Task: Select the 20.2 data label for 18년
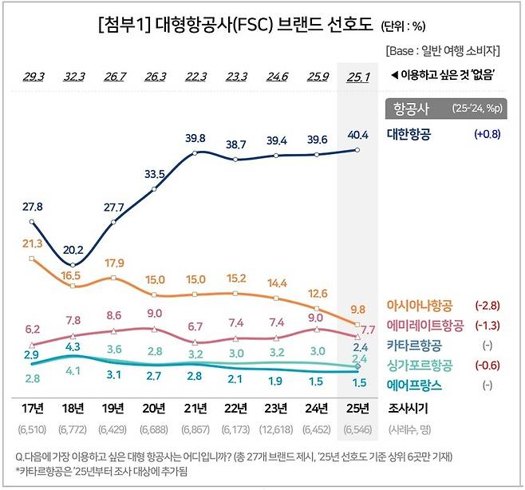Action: pyautogui.click(x=73, y=249)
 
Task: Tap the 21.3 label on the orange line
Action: pyautogui.click(x=32, y=243)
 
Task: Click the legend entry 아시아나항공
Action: pyautogui.click(x=420, y=306)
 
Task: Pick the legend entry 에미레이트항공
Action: pyautogui.click(x=424, y=326)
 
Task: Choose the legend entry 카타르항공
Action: pyautogui.click(x=414, y=346)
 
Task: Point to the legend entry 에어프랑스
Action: pyautogui.click(x=414, y=385)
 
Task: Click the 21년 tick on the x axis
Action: pyautogui.click(x=195, y=408)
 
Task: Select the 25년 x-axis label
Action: pyautogui.click(x=358, y=408)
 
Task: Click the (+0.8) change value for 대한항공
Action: pyautogui.click(x=485, y=134)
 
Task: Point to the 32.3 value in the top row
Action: pyautogui.click(x=73, y=77)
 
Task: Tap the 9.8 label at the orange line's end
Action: pyautogui.click(x=358, y=310)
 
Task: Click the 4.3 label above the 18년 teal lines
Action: pyautogui.click(x=73, y=347)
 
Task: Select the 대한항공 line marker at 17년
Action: pyautogui.click(x=32, y=221)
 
